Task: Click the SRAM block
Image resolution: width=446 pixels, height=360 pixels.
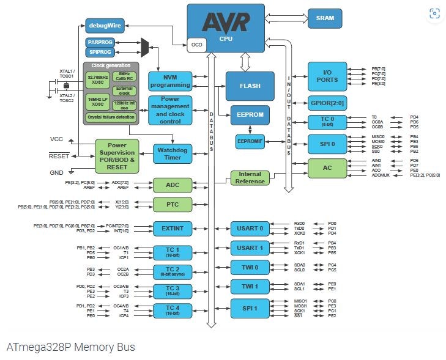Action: pos(325,18)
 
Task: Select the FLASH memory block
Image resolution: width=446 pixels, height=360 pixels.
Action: pos(250,86)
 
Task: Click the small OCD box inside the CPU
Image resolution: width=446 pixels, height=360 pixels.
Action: pos(197,45)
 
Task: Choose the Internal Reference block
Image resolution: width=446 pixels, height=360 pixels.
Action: pos(250,178)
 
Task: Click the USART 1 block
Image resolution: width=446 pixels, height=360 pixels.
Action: pos(250,248)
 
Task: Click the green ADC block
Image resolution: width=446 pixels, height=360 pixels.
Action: pos(173,185)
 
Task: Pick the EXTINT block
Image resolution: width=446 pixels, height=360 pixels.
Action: pos(173,227)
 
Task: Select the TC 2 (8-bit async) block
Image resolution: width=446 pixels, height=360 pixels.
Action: pos(173,271)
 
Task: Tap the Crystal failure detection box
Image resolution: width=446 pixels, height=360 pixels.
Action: pos(111,116)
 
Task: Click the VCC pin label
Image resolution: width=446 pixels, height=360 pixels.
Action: pos(57,139)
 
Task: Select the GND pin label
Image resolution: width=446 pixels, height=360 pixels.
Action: pos(56,173)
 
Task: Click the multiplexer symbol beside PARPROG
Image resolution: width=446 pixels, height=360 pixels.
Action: pos(145,46)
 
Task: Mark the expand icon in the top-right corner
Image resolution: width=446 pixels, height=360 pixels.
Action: pos(434,13)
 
